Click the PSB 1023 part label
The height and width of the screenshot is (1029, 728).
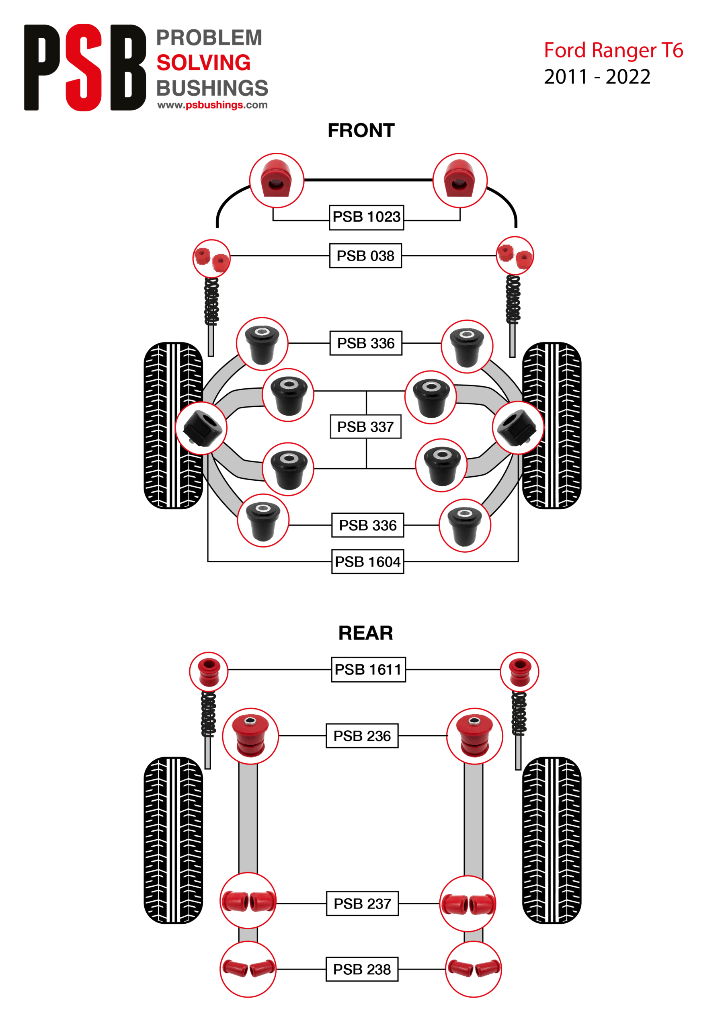tap(366, 217)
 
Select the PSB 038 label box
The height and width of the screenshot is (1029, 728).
tap(365, 256)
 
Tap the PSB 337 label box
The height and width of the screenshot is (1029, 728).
tap(365, 426)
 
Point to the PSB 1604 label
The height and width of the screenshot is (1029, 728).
tap(367, 562)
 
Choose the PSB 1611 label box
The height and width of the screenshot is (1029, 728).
tap(368, 670)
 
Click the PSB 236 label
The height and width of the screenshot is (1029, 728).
tap(362, 736)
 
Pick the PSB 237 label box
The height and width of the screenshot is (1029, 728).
tap(362, 904)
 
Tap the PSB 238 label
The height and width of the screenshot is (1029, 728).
tap(362, 969)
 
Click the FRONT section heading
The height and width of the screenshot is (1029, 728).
tap(361, 130)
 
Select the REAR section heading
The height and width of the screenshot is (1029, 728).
tap(365, 633)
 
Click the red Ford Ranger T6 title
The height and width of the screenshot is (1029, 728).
tap(613, 50)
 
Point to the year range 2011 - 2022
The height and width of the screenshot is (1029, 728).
tap(597, 77)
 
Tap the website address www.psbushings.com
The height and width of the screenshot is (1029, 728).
tap(212, 105)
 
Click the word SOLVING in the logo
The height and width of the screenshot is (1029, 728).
tap(203, 63)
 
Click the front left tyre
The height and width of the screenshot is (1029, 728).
tap(173, 426)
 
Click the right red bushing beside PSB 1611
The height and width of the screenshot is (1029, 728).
tap(519, 672)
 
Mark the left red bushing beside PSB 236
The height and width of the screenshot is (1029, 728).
tap(250, 736)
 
